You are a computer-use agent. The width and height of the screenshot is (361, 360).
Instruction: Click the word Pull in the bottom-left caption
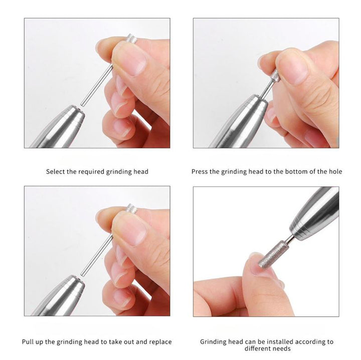coord(28,342)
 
